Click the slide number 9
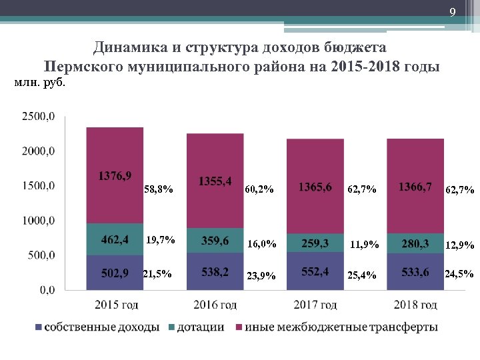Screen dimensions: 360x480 452,12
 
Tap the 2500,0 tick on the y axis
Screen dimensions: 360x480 39,117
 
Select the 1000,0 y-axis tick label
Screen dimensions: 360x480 39,221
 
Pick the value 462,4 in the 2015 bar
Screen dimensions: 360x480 115,239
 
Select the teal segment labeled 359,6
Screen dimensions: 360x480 215,241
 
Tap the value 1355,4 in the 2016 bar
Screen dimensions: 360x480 215,181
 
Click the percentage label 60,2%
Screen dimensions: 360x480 259,190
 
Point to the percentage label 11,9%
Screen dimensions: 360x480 364,245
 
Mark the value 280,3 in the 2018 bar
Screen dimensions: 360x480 415,243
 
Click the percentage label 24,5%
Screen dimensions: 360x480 459,274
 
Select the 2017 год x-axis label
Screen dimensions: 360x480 315,305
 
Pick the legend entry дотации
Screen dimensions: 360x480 199,328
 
